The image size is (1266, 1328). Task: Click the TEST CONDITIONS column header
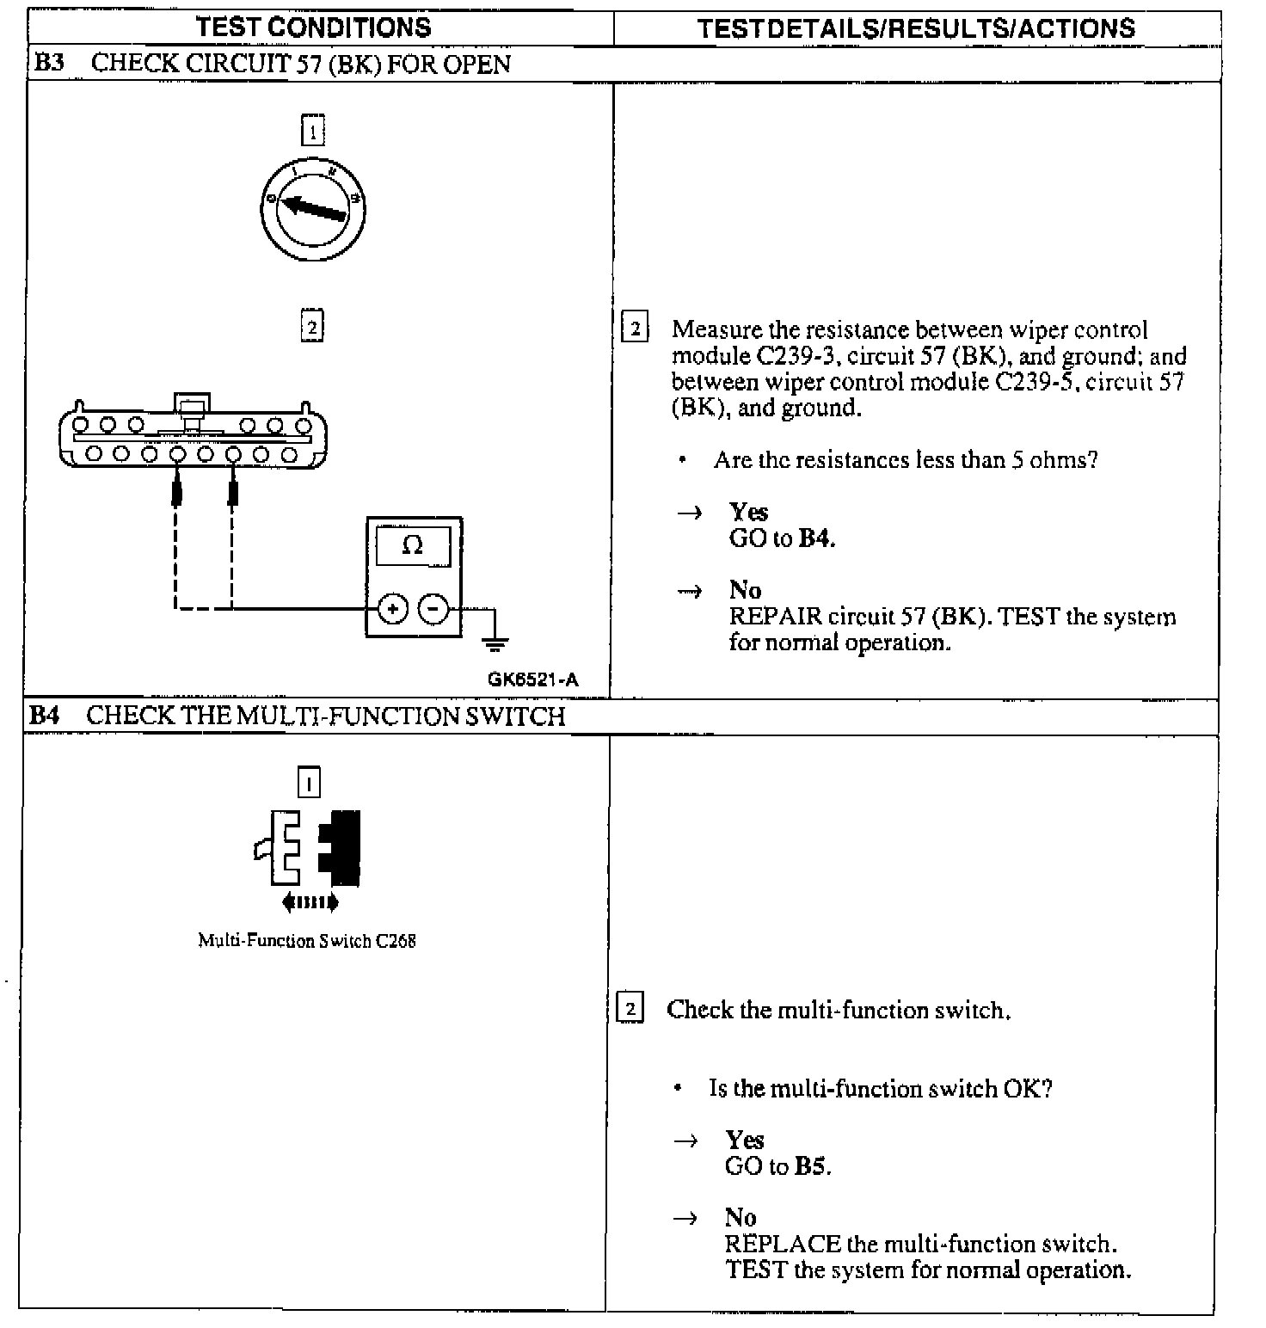[x=313, y=28]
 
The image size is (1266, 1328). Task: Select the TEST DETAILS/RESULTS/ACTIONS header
[x=916, y=28]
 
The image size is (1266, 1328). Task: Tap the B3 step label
[x=48, y=63]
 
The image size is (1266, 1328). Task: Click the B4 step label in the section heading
[x=44, y=716]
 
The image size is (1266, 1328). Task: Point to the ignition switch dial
[x=313, y=207]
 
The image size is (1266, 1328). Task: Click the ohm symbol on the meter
[x=413, y=544]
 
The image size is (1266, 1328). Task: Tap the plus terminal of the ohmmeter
[x=393, y=609]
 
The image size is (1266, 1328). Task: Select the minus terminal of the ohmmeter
[x=433, y=609]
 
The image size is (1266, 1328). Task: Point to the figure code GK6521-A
[x=532, y=679]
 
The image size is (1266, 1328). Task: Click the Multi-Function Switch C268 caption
[x=307, y=941]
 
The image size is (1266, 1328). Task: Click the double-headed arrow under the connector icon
[x=310, y=902]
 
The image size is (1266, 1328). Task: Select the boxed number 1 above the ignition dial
[x=312, y=132]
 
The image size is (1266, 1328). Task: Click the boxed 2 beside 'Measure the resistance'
[x=635, y=328]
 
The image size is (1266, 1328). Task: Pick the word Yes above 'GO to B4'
[x=748, y=512]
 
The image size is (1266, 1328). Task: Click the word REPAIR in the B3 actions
[x=775, y=617]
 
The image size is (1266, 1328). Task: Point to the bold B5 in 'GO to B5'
[x=812, y=1166]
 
